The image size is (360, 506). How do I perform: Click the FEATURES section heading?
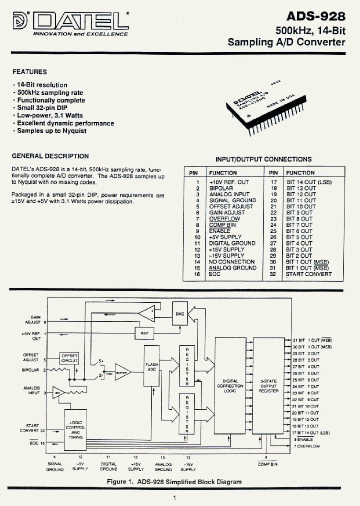coord(29,72)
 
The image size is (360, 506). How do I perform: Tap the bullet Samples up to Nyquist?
coord(51,131)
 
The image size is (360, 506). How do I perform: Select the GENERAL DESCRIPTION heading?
coord(50,156)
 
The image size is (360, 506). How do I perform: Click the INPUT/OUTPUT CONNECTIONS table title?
coord(263,159)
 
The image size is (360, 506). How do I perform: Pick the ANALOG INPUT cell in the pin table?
coord(229,194)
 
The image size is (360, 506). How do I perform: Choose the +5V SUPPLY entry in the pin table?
coord(225,237)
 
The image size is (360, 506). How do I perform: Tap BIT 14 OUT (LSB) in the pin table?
coord(309,182)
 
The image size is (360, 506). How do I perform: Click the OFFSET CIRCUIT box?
coord(69,357)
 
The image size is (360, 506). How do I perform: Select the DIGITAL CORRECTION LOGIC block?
coord(230,386)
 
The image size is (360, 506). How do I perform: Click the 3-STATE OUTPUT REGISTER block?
coord(267,386)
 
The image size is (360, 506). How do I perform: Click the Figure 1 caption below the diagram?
coord(174,482)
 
